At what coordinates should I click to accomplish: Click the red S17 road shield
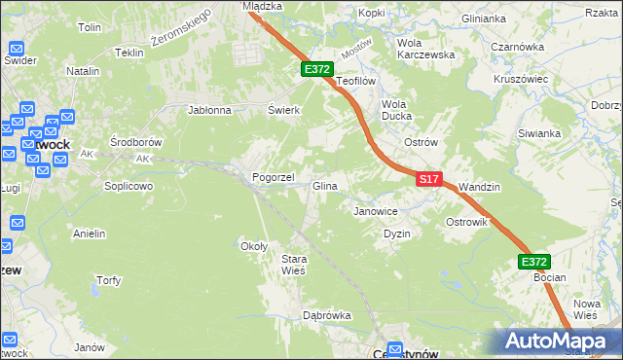tap(430, 180)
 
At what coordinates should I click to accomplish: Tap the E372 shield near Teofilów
tap(317, 70)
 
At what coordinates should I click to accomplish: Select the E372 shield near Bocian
tap(533, 262)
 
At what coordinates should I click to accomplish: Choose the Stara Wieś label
tap(293, 265)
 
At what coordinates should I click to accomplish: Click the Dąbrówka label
tap(326, 315)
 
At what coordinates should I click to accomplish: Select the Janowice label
tap(376, 211)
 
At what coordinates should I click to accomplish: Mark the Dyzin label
tap(397, 234)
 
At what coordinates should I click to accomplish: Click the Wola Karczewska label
tap(426, 49)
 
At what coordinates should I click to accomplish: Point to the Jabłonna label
tap(209, 110)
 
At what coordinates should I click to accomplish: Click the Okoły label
tap(254, 246)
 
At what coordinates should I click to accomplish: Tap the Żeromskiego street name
tap(182, 34)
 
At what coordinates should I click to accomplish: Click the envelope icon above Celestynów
tap(395, 348)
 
